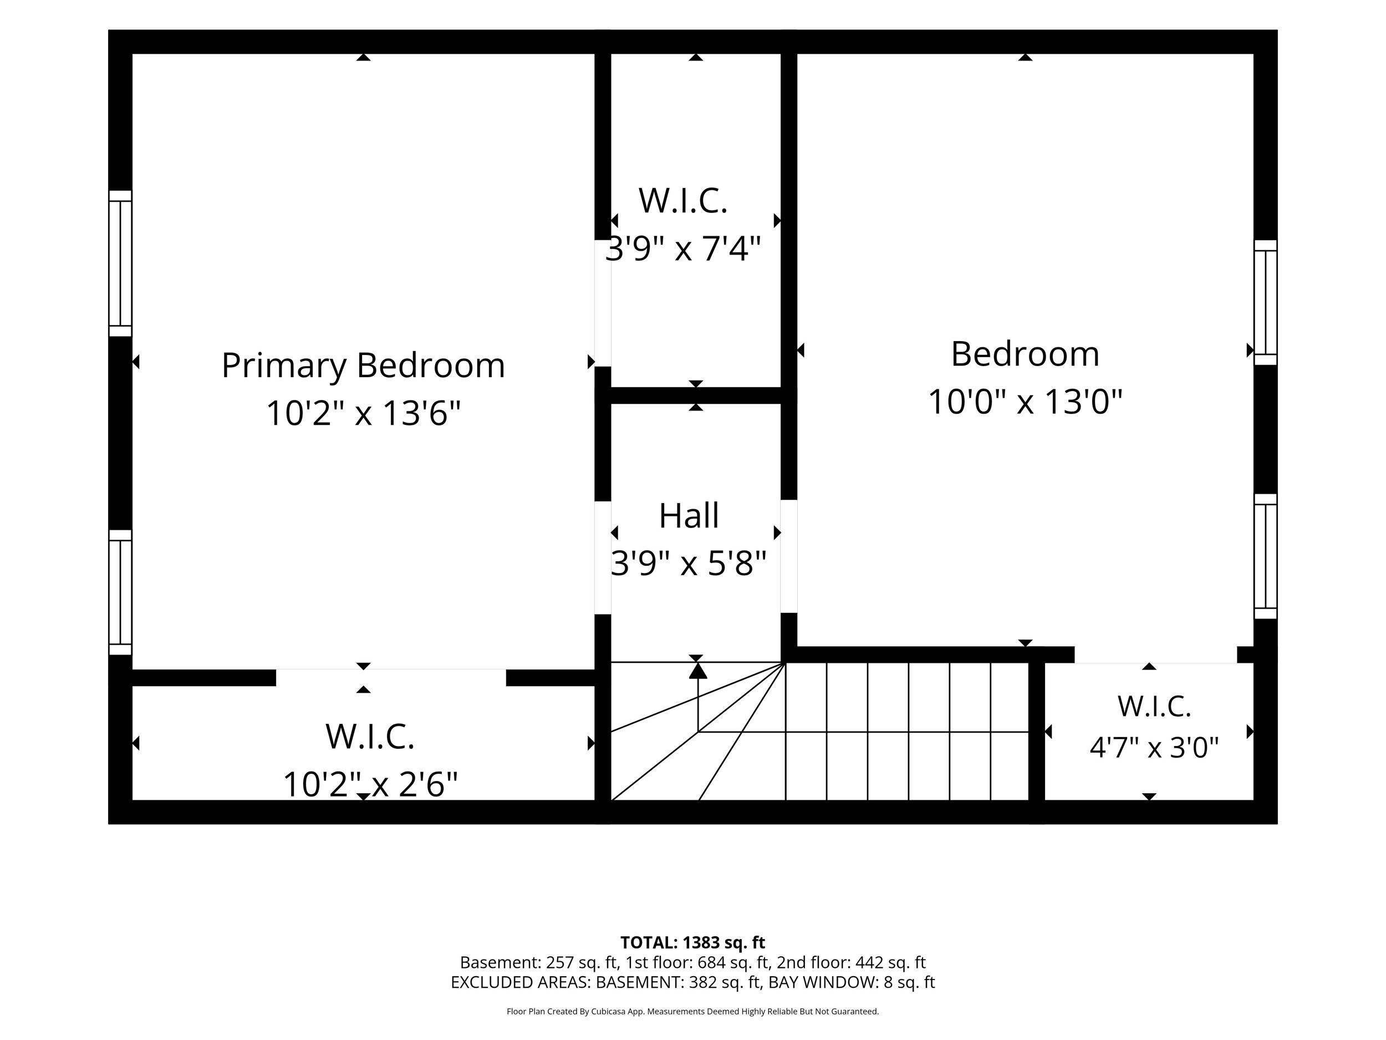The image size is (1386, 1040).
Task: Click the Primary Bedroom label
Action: click(364, 366)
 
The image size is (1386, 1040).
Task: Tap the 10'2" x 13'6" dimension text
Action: click(364, 413)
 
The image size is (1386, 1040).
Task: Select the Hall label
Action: click(689, 515)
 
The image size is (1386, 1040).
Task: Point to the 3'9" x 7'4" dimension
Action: click(683, 248)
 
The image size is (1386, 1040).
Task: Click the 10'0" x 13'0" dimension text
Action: click(1025, 401)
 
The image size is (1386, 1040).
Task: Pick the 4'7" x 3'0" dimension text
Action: click(1154, 747)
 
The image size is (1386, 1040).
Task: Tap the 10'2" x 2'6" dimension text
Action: click(370, 784)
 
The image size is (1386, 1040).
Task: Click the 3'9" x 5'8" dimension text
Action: click(689, 563)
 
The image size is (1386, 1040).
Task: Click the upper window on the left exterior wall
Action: click(120, 263)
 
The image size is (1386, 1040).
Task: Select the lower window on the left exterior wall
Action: click(120, 592)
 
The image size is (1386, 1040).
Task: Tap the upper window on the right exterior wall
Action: click(1266, 302)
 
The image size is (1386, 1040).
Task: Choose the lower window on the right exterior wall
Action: click(1266, 556)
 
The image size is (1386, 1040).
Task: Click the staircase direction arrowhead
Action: click(698, 671)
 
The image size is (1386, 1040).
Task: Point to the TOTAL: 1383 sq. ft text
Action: click(692, 942)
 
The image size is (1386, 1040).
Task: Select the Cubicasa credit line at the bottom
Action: click(692, 1011)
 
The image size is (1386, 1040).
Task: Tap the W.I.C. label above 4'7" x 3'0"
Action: click(1154, 707)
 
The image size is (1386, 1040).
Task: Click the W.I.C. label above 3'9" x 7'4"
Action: click(683, 201)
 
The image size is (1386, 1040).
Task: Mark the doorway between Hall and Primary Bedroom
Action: click(603, 557)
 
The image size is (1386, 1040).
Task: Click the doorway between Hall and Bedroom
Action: click(789, 556)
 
